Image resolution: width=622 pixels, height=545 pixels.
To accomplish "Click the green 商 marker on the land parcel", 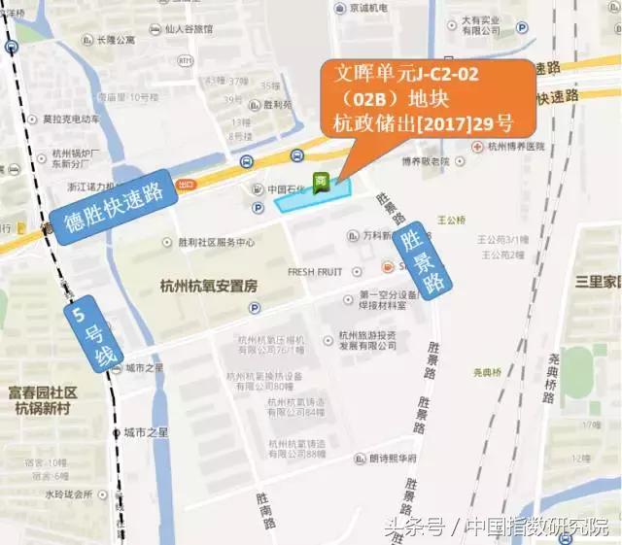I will pos(320,182).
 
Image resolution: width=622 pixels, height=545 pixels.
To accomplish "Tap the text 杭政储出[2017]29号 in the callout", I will pos(421,123).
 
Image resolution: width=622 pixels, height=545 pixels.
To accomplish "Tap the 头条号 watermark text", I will pos(413,528).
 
